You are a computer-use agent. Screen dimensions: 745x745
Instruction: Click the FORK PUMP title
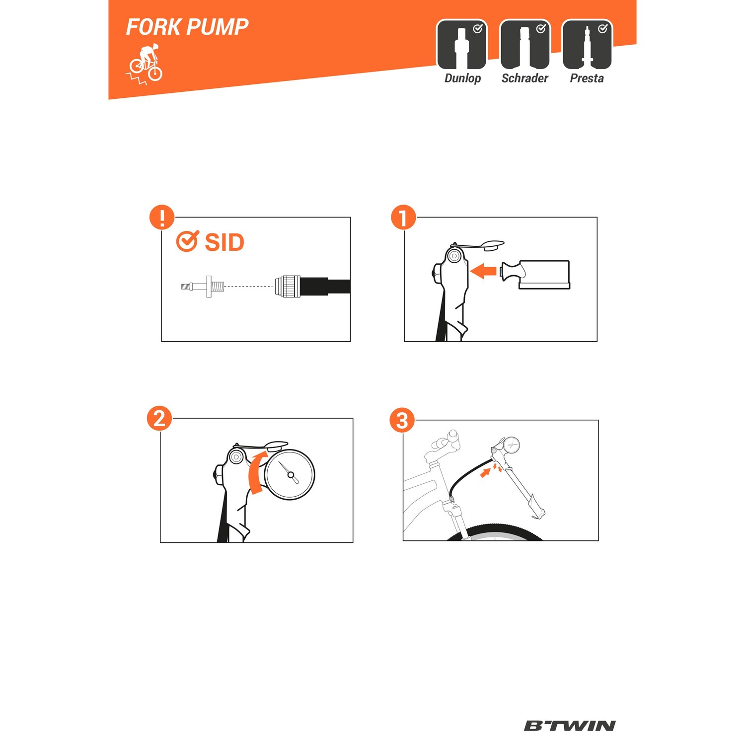(x=187, y=27)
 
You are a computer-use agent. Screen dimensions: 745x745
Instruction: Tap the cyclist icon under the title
(x=145, y=64)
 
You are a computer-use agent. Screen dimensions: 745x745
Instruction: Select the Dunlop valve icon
(x=462, y=45)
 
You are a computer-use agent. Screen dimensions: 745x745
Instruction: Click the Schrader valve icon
(x=525, y=45)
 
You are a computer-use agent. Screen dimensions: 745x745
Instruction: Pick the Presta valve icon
(x=587, y=45)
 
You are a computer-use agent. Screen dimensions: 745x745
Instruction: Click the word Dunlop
(x=462, y=78)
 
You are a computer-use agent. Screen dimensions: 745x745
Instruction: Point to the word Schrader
(x=525, y=78)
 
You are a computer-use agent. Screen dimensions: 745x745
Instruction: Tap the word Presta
(x=587, y=78)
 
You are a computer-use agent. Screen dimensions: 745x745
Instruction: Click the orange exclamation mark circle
(x=162, y=217)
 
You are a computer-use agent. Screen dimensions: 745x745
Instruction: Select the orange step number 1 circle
(x=403, y=217)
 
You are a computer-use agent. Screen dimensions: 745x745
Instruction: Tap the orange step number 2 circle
(x=159, y=418)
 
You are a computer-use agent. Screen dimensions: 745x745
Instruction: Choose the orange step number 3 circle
(x=402, y=420)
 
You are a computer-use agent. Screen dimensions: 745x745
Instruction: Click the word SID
(x=224, y=242)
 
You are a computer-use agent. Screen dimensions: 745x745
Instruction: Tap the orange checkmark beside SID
(x=188, y=241)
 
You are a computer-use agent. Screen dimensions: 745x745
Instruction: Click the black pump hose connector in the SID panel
(x=312, y=287)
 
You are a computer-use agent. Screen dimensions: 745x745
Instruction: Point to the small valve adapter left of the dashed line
(x=203, y=287)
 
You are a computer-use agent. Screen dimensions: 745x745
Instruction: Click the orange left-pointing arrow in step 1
(x=483, y=271)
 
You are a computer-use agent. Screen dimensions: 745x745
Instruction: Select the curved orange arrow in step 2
(x=257, y=472)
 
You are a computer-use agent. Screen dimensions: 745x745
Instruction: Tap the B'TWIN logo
(x=570, y=726)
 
